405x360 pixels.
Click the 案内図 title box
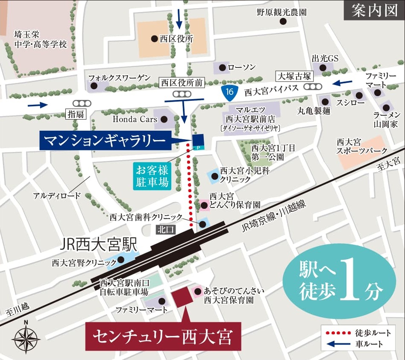point(374,10)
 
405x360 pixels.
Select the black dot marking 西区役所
point(154,39)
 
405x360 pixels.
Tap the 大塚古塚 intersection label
point(295,76)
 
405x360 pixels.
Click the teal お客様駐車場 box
point(152,176)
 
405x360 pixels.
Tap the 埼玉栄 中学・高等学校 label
point(40,39)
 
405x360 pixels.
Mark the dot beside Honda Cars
point(165,120)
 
